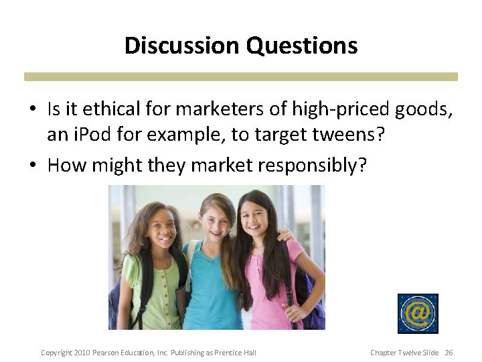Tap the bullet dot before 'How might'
(32, 165)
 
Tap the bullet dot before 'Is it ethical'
(32, 109)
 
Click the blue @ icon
(417, 313)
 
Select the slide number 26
(449, 353)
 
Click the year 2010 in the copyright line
(82, 353)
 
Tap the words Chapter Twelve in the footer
(395, 353)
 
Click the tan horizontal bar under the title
(241, 77)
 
